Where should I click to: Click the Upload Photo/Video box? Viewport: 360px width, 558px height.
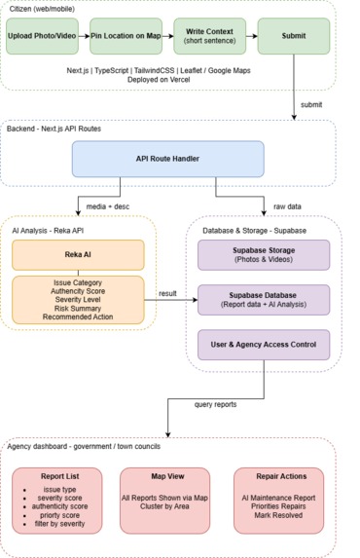pos(42,36)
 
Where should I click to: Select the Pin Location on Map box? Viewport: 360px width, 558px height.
pos(126,36)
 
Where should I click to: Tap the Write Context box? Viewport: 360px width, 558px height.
pos(210,36)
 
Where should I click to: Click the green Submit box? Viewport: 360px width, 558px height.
pos(294,36)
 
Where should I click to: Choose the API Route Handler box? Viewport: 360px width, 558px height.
pos(168,159)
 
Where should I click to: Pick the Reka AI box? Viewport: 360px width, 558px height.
pos(78,255)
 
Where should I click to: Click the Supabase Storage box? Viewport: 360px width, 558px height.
pos(264,255)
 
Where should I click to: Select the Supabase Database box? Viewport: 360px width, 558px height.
pos(264,300)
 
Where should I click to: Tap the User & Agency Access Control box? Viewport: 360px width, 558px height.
pos(264,345)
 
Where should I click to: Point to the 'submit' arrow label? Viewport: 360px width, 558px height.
pos(311,104)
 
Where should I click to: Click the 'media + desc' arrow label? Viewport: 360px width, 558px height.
pos(108,206)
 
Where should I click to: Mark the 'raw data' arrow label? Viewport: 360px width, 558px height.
pos(287,206)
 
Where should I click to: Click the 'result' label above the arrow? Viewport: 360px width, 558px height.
pos(167,293)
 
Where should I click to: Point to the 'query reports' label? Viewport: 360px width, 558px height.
pos(215,404)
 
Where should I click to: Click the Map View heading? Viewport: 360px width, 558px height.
pos(167,476)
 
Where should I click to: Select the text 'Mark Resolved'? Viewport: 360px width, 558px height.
pos(278,515)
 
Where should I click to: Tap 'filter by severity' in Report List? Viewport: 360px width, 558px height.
pos(59,524)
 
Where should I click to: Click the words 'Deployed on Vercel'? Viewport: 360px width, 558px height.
pos(159,80)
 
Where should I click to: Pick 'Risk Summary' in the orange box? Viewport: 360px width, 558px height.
pos(78,309)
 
